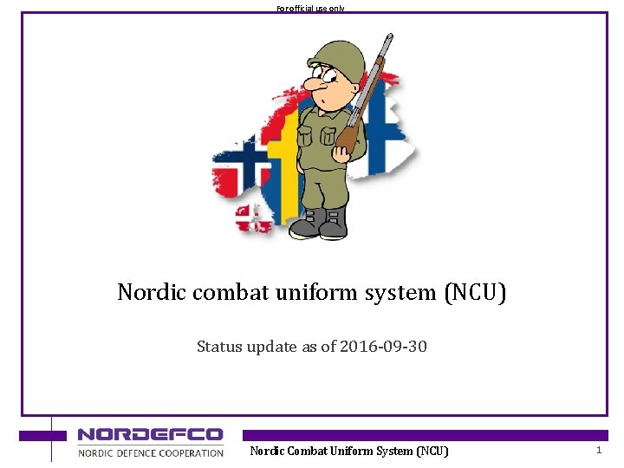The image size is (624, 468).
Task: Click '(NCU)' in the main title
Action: click(475, 293)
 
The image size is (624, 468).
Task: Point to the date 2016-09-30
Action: click(383, 347)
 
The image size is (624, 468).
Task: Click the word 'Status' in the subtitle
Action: click(219, 347)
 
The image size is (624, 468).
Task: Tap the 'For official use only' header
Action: click(310, 8)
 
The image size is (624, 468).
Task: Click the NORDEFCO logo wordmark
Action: click(150, 435)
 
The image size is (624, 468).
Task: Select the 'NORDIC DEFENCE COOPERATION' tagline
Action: click(151, 452)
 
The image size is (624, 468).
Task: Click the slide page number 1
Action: click(598, 450)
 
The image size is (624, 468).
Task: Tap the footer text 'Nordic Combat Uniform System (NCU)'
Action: click(349, 451)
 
